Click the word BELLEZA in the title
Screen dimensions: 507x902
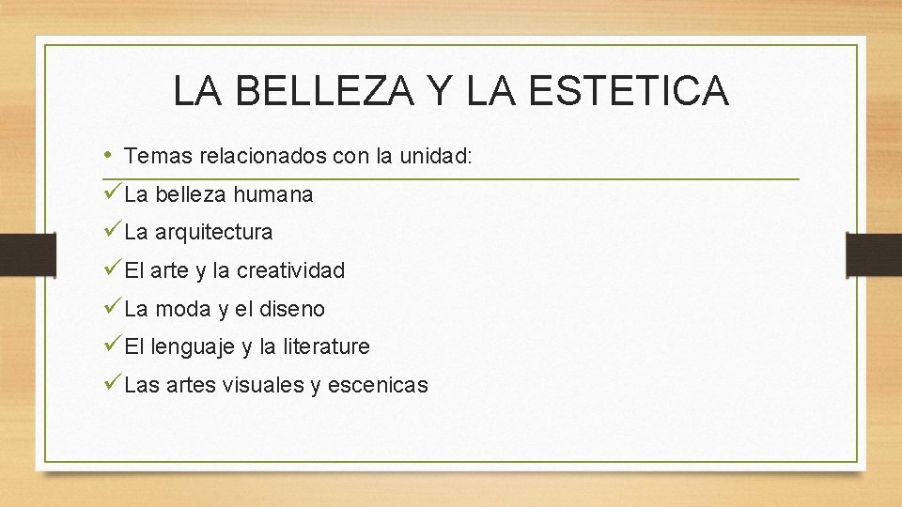coord(314,91)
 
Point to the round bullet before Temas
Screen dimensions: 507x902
coord(109,154)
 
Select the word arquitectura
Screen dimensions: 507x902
coord(213,232)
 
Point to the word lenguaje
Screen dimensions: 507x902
coord(194,347)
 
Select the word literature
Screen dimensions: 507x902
coord(324,346)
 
